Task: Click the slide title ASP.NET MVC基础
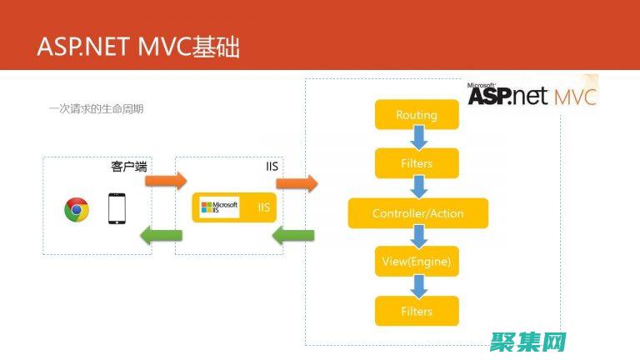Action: coord(138,47)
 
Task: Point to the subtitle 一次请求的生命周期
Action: coord(96,108)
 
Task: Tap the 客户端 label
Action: coord(129,167)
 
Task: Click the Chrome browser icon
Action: coord(77,209)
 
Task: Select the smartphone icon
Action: coord(117,208)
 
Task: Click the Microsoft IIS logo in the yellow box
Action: coord(220,207)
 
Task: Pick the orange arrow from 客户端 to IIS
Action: coord(164,181)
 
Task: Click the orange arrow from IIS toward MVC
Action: coord(297,182)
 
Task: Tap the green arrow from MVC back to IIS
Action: coord(293,236)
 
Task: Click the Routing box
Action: coord(417,115)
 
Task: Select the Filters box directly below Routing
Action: coord(417,163)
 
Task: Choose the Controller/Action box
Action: coord(417,213)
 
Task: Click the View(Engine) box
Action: coord(417,262)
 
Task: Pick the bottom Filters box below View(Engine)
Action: coord(417,311)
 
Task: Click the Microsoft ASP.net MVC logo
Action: coord(532,94)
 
